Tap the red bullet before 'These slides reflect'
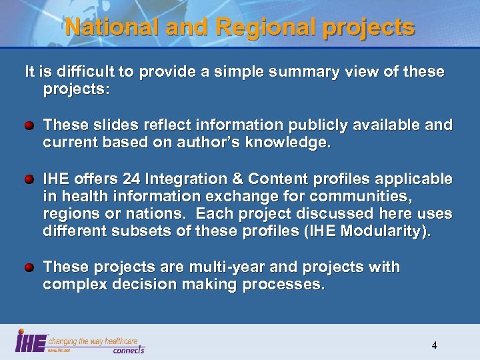[29, 125]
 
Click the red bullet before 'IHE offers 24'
[29, 180]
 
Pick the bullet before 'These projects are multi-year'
[29, 267]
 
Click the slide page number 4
[434, 345]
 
